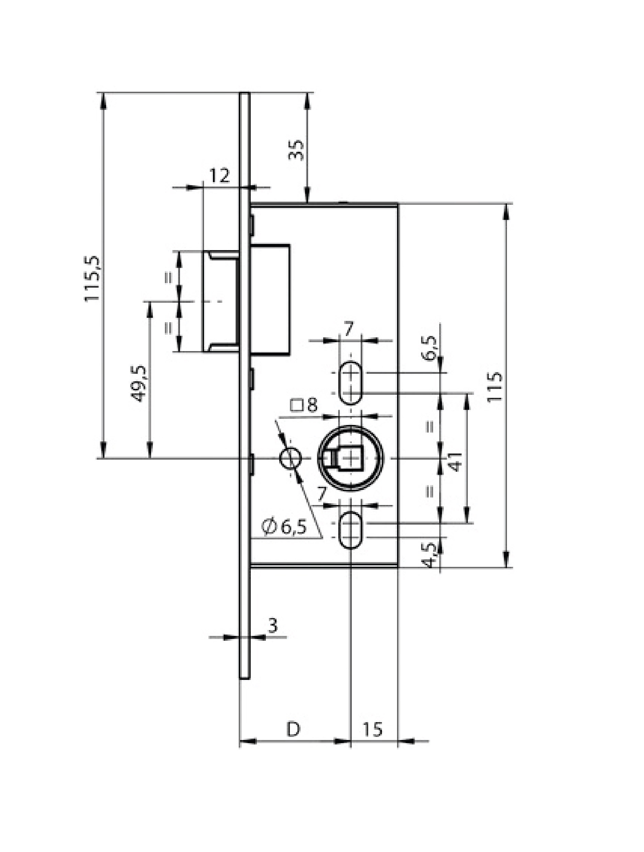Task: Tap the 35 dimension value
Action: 296,150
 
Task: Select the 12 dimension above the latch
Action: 219,176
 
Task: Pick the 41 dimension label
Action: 456,462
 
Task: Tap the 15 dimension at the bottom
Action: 372,729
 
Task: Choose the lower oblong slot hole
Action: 350,529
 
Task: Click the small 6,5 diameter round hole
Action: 290,458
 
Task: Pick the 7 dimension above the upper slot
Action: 348,330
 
